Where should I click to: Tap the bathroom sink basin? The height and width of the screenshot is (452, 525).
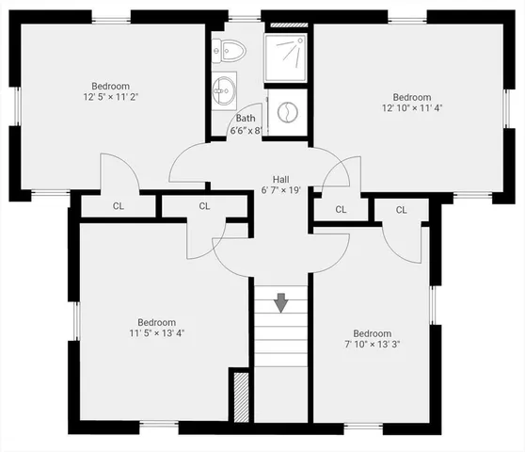(224, 91)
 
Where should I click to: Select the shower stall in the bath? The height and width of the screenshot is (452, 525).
(286, 58)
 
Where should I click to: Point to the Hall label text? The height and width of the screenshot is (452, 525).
(280, 179)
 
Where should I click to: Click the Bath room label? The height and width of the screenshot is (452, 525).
(246, 119)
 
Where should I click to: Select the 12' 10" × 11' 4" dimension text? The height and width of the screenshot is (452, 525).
(412, 109)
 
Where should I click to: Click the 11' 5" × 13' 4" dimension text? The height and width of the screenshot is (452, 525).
(157, 332)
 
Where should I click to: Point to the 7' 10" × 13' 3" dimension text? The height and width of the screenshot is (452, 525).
(372, 345)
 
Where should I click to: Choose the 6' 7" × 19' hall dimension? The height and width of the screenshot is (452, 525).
(280, 191)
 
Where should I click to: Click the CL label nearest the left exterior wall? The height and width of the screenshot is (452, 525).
(119, 205)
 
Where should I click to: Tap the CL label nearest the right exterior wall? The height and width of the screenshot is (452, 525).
(401, 209)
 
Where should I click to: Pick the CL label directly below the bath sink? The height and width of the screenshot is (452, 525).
(204, 205)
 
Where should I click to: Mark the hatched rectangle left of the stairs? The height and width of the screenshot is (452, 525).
(240, 397)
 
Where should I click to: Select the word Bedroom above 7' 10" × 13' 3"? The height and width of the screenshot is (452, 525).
(372, 333)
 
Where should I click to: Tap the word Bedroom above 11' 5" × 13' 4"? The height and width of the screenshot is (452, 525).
(156, 320)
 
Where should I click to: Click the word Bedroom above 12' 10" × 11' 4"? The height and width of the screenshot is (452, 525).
(412, 97)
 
